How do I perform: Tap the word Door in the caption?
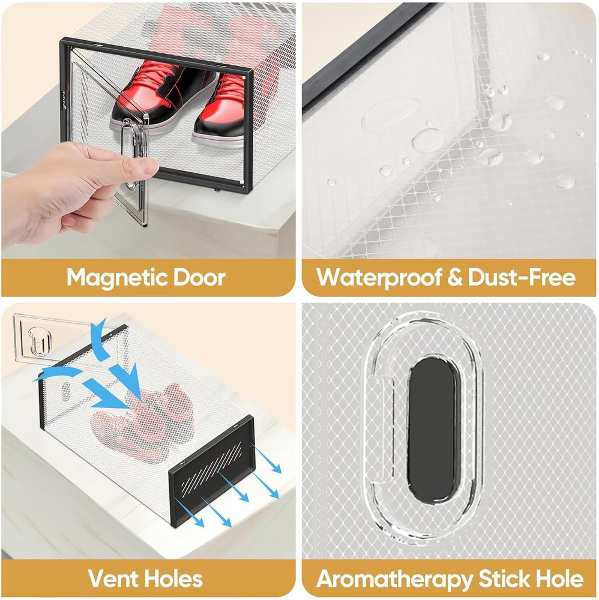(x=199, y=278)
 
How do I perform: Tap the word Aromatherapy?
(x=394, y=579)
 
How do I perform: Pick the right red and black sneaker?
(x=219, y=108)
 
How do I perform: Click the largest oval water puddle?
(x=390, y=114)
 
